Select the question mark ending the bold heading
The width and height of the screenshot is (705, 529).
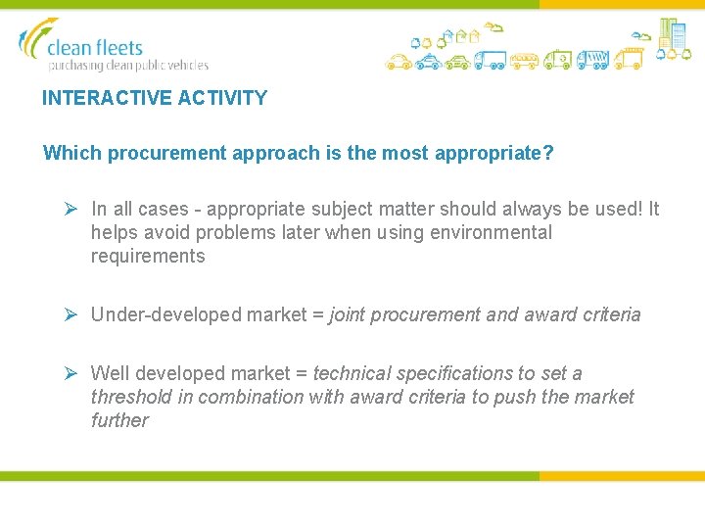point(548,154)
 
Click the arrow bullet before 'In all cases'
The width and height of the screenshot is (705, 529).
point(70,209)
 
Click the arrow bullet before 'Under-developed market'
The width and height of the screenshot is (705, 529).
point(70,314)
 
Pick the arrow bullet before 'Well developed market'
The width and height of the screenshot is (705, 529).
point(70,373)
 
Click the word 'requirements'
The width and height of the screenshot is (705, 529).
point(148,257)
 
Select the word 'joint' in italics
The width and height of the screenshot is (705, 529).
point(349,315)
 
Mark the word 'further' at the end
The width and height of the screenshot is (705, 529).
point(119,420)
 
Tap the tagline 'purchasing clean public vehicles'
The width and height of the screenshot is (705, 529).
point(128,66)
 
